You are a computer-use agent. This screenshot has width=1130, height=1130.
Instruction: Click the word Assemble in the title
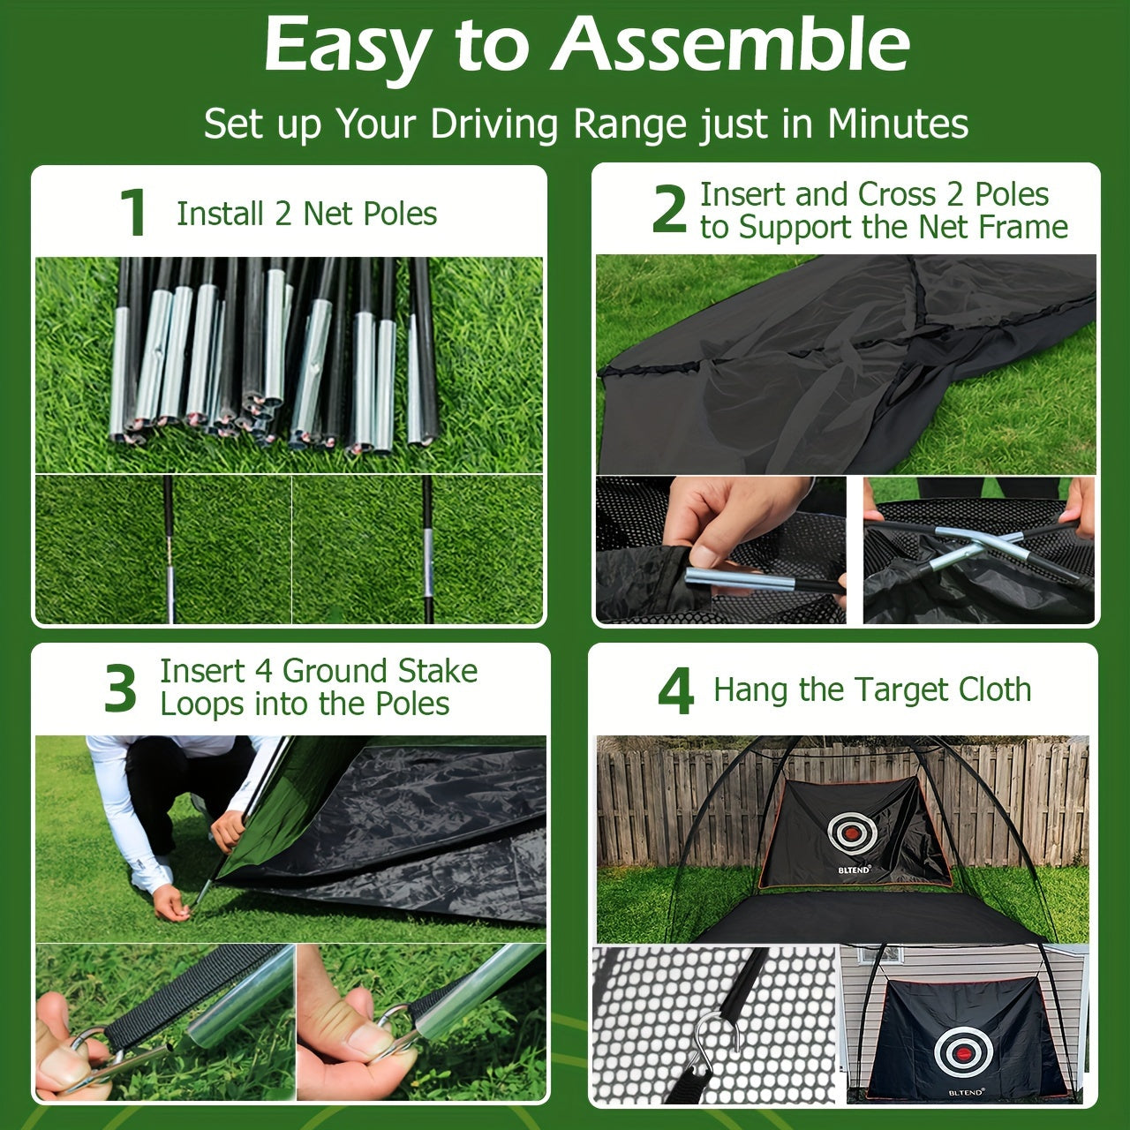tap(731, 46)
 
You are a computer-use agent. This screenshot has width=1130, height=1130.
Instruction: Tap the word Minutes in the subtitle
tap(898, 124)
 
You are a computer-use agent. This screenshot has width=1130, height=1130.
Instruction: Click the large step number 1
tap(133, 214)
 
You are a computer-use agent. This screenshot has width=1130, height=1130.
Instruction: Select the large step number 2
tap(669, 210)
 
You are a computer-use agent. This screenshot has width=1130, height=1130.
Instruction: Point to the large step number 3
tap(121, 689)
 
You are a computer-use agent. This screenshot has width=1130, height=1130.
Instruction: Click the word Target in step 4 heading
tap(848, 690)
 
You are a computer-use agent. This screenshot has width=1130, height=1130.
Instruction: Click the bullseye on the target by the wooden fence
tap(852, 832)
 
